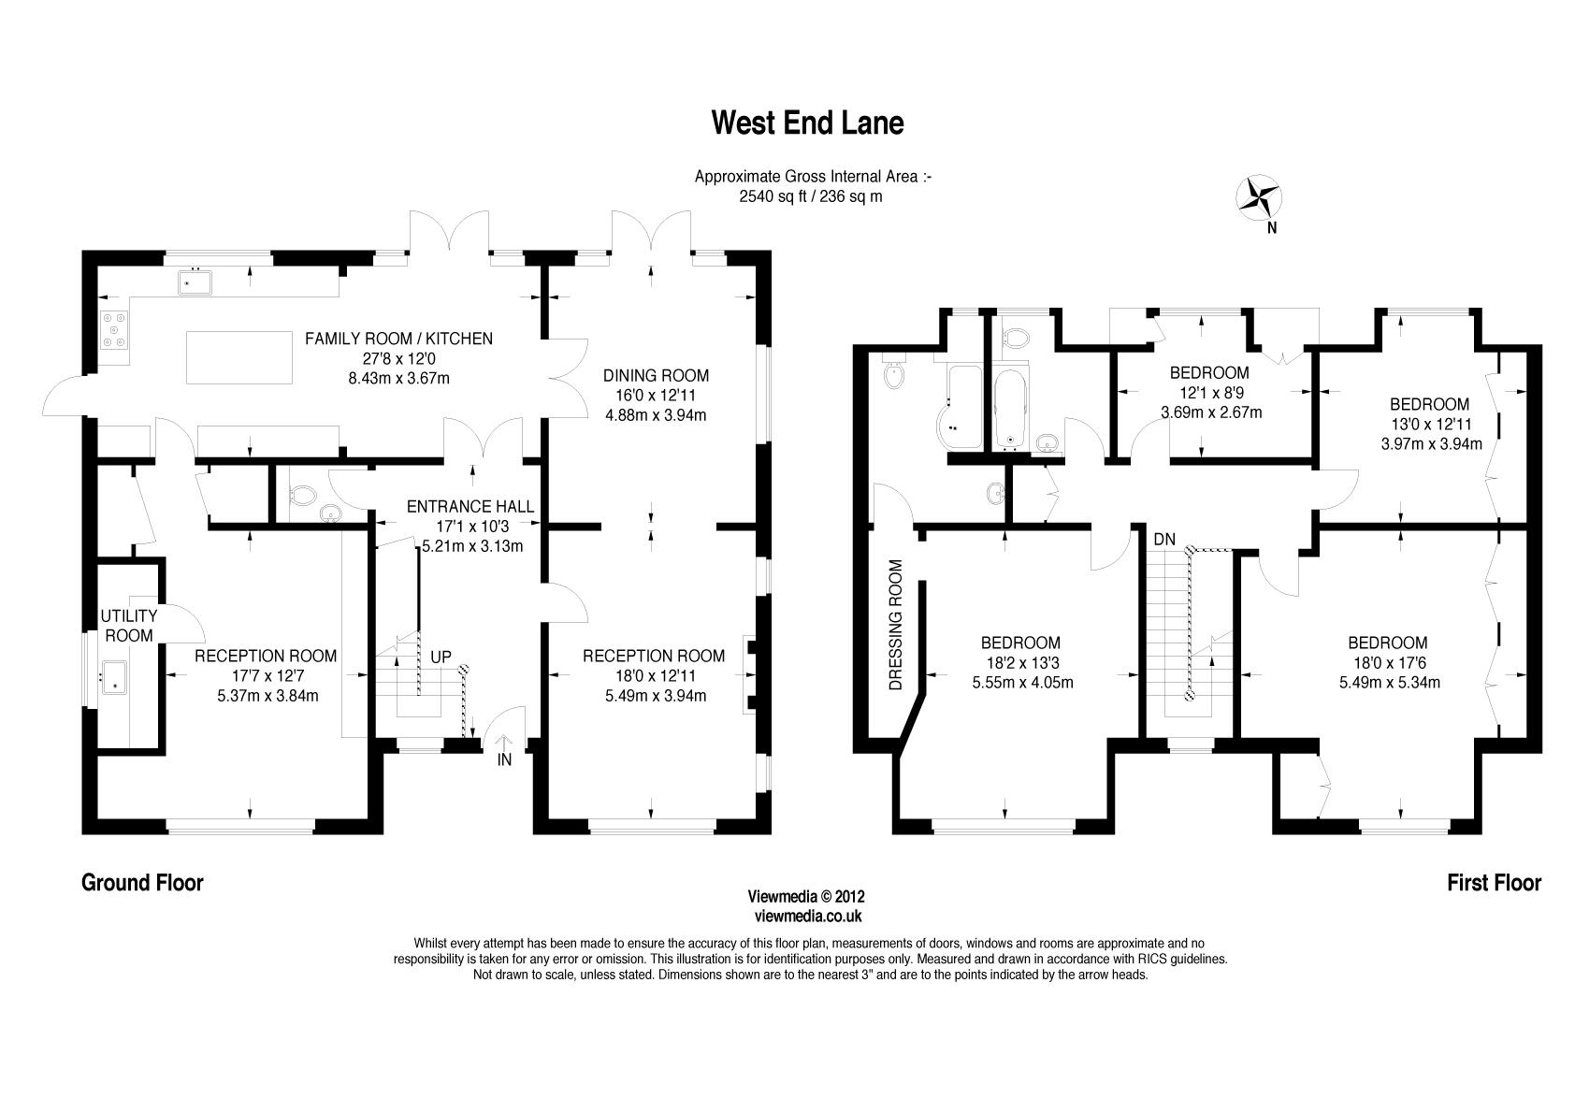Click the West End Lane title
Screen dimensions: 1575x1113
[807, 123]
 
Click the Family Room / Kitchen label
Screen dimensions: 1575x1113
[398, 339]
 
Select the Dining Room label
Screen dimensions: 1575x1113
[656, 376]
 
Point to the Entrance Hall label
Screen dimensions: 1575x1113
[470, 507]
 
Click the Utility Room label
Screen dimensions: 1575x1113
[128, 626]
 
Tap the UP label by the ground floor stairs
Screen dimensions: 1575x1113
[441, 658]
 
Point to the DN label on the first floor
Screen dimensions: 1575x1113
[1164, 540]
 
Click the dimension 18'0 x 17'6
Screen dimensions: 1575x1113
[1387, 662]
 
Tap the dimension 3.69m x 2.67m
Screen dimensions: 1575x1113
[1211, 412]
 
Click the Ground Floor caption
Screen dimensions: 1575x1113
[142, 882]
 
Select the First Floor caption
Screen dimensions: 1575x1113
[1494, 882]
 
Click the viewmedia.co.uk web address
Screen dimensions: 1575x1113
[807, 918]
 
